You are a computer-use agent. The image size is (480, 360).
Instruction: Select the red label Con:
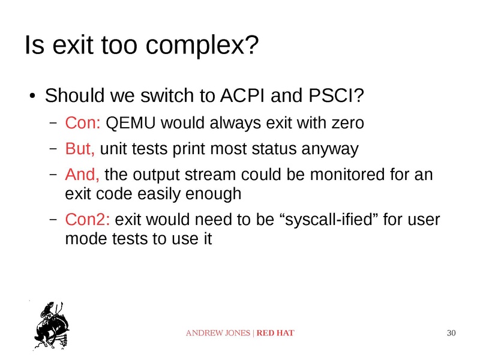tap(83, 124)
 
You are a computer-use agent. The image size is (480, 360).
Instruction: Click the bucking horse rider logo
tap(52, 324)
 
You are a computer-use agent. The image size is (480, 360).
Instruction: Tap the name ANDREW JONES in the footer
tap(218, 333)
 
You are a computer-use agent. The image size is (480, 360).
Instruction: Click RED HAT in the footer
tap(275, 333)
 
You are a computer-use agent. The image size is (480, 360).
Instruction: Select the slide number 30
tap(452, 333)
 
